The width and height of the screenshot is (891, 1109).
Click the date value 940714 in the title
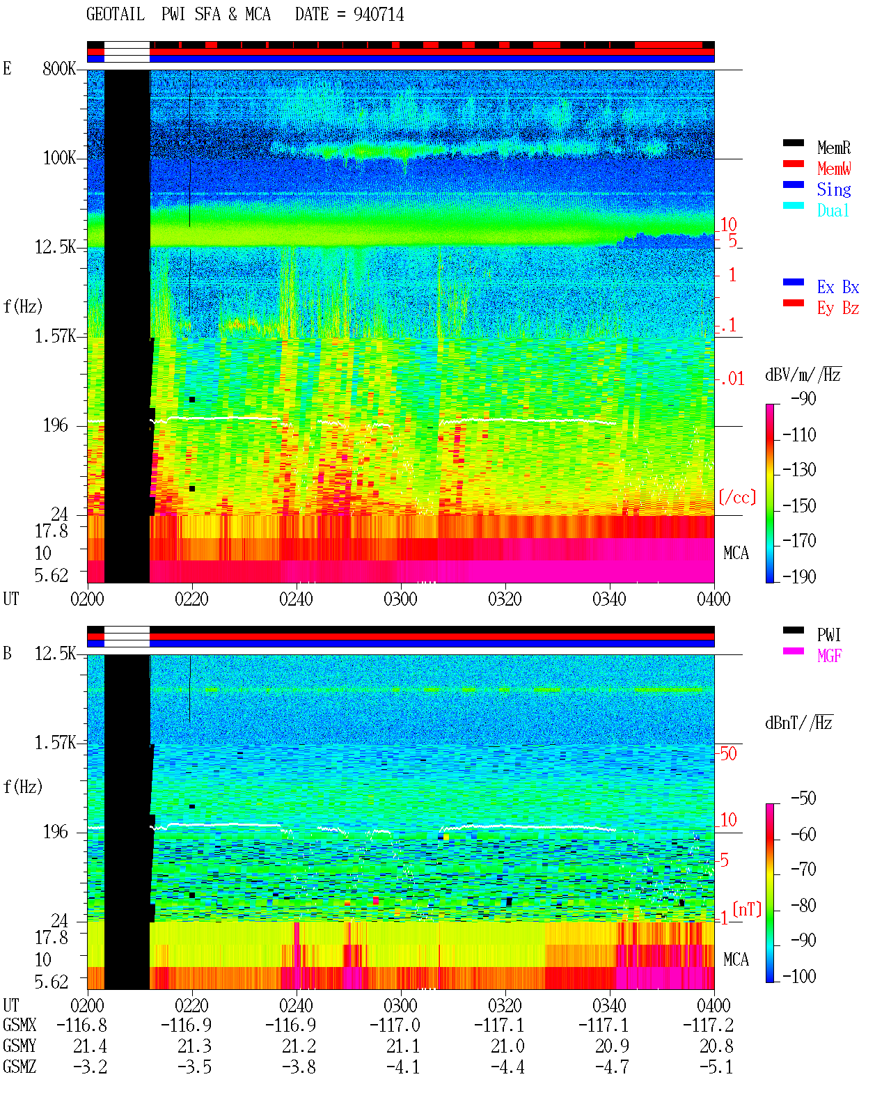(x=378, y=15)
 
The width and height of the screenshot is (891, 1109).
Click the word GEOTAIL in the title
(x=116, y=15)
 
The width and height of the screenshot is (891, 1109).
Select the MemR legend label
(x=833, y=148)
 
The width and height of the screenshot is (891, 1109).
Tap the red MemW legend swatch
(x=793, y=164)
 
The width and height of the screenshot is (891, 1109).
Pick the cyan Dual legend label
(x=833, y=210)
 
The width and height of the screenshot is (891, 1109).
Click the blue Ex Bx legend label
(x=837, y=287)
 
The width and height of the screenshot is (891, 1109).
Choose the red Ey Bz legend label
(x=837, y=308)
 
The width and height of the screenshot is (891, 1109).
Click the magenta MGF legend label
(x=829, y=656)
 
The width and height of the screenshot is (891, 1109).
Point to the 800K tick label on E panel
(x=59, y=68)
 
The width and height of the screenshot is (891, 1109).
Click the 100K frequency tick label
(x=59, y=158)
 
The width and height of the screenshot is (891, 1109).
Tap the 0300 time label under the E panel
(x=400, y=599)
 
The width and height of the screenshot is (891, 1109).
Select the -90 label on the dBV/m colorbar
(x=803, y=399)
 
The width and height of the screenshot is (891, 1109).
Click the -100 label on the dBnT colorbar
(x=799, y=976)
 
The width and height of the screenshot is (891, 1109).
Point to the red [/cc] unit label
(x=737, y=497)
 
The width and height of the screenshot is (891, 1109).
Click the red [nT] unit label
(x=747, y=909)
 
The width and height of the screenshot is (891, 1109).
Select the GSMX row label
(x=19, y=1025)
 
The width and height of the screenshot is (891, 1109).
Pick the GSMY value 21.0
(x=507, y=1046)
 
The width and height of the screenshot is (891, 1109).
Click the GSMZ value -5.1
(x=716, y=1067)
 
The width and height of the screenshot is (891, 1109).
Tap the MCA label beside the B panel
(x=736, y=959)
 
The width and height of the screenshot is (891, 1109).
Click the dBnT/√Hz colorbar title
(x=799, y=723)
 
